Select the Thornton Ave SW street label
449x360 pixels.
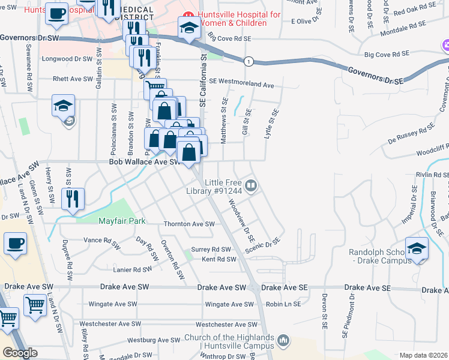pos(189,224)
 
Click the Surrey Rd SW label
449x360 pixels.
pos(211,249)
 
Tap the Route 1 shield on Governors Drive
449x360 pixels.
pos(247,61)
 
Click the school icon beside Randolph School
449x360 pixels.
pos(417,250)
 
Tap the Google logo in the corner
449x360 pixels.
pos(19,353)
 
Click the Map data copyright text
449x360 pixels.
pos(423,355)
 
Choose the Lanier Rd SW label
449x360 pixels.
pos(133,270)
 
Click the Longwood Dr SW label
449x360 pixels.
pos(67,59)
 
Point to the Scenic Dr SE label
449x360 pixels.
pos(263,243)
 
